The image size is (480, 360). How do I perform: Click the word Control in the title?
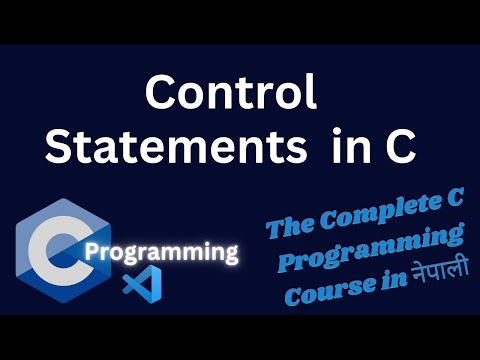tap(231, 94)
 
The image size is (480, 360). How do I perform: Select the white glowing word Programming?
tap(161, 251)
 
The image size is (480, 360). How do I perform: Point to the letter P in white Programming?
tap(92, 251)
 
